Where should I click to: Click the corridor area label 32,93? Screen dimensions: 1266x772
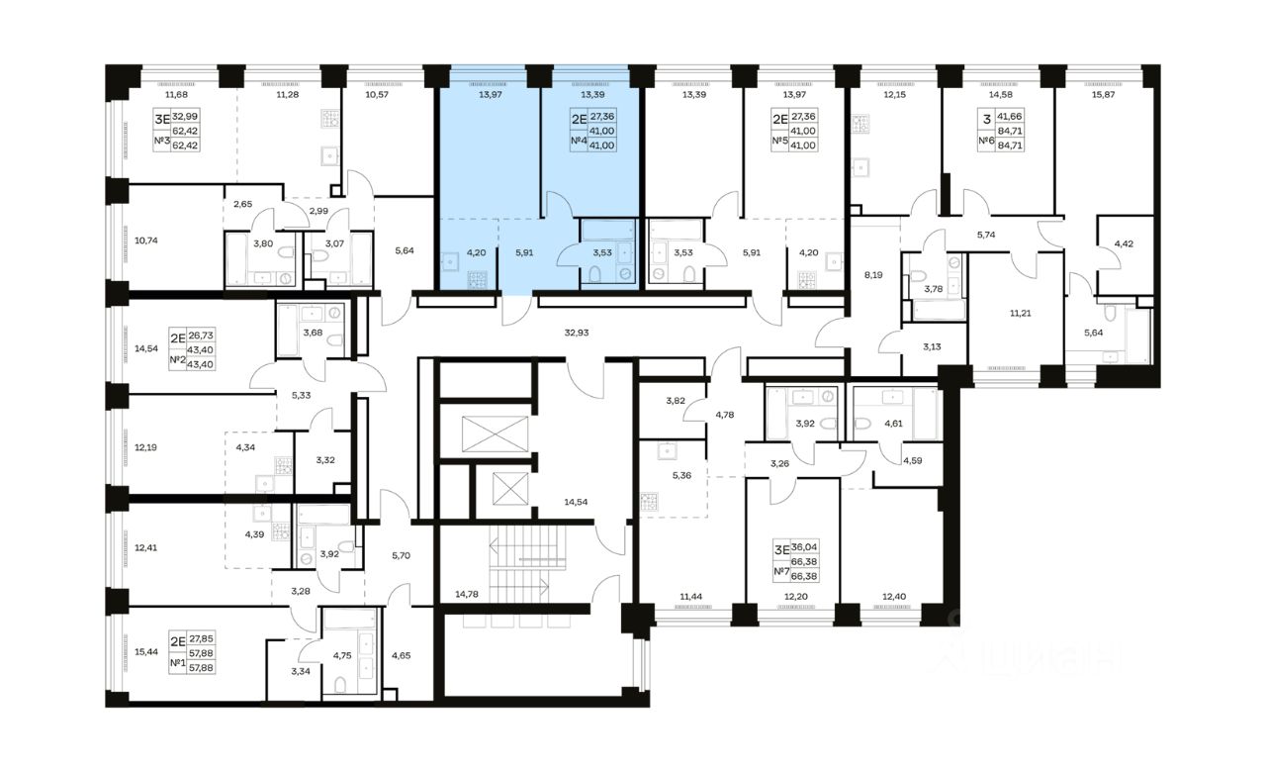coord(577,333)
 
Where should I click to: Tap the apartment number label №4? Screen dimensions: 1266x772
coord(579,141)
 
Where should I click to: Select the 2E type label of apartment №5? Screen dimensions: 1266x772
coord(780,120)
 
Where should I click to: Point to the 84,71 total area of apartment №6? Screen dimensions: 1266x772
coord(1010,145)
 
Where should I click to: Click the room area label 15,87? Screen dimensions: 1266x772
coord(1103,94)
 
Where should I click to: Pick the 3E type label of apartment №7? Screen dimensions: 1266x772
coord(781,549)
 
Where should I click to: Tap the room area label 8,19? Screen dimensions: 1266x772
coord(873,275)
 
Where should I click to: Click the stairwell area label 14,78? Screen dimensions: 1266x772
coord(467,594)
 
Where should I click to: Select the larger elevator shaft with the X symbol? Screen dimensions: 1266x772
coord(495,434)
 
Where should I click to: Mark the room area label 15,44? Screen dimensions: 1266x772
coord(145,651)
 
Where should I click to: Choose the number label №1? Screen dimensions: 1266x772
coord(177,662)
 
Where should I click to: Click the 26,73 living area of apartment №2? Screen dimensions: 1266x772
coord(201,336)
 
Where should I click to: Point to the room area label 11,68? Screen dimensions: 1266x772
coord(176,94)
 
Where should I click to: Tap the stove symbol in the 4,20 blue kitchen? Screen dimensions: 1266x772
coord(477,280)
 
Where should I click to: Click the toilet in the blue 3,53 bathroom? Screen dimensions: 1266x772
coord(594,275)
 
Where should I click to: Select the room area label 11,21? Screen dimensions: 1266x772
coord(1020,313)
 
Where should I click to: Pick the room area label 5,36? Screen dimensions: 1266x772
coord(681,475)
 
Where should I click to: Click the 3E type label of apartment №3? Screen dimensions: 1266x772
coord(162,120)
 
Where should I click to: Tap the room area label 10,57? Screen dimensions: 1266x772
coord(377,94)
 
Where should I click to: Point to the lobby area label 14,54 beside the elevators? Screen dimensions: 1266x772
coord(576,502)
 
